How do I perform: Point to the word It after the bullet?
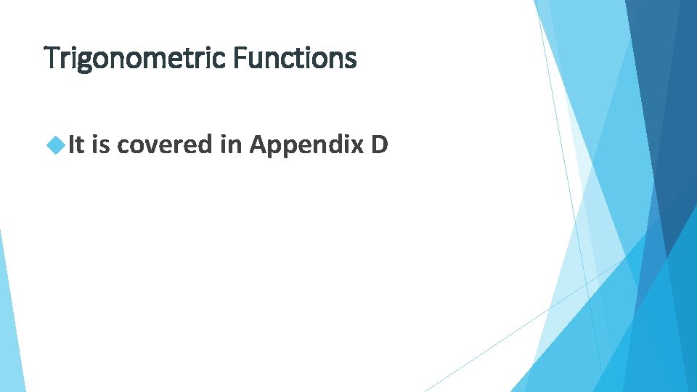(77, 146)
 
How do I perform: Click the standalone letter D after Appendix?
(379, 146)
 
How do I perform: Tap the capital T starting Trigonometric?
(51, 57)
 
